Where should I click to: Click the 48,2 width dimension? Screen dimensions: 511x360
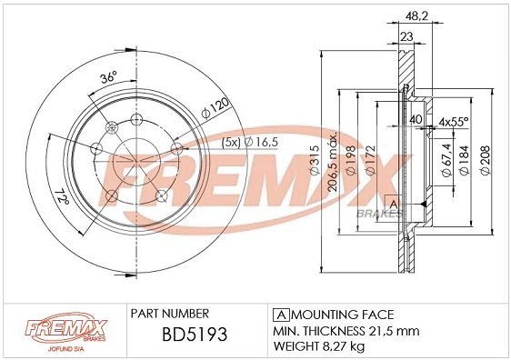[416, 15]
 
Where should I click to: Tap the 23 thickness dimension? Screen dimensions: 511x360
[406, 36]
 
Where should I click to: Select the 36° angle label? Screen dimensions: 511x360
[108, 78]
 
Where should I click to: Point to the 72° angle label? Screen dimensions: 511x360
[63, 195]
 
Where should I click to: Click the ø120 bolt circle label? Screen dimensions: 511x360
[215, 108]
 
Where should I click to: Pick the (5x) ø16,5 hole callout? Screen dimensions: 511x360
[250, 143]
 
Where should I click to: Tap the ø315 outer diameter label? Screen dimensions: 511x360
[316, 161]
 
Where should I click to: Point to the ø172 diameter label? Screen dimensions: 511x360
[370, 161]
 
